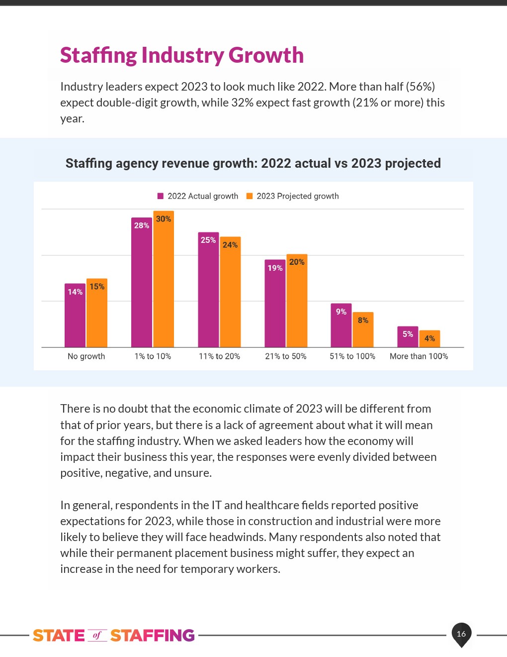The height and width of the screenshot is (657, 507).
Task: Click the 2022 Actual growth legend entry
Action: pos(198,196)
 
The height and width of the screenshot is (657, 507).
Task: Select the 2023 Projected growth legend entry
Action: pos(293,196)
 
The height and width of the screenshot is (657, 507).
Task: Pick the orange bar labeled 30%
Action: pos(164,279)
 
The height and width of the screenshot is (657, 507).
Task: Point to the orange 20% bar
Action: pos(297,301)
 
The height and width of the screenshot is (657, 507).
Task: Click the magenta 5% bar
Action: pos(408,336)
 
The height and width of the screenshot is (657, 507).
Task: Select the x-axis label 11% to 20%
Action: pos(219,356)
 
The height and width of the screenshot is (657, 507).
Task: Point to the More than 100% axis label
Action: pos(419,356)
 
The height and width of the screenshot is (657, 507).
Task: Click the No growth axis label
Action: pos(86,356)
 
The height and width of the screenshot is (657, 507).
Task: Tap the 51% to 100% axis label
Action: pos(352,356)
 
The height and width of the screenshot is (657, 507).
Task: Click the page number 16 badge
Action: pos(461,634)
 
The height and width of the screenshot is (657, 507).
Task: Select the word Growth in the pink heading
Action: pos(266,55)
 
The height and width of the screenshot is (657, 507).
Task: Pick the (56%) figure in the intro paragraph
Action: pos(421,87)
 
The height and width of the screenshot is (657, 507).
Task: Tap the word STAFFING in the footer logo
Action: pos(152,636)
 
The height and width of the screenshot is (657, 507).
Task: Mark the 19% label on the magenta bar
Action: pos(275,268)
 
